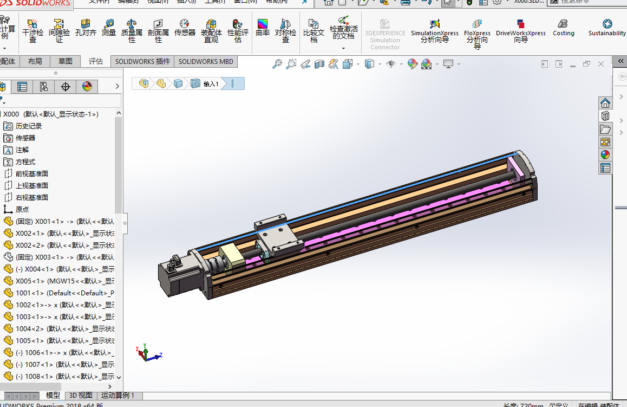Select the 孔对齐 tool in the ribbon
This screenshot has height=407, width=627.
(86, 28)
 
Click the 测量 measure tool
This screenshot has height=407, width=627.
(109, 28)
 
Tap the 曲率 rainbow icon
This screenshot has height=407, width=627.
(263, 28)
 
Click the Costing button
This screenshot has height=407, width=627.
(563, 28)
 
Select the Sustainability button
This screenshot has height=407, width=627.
(607, 28)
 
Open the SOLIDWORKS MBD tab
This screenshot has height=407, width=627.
(206, 61)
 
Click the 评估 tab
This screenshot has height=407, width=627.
(96, 61)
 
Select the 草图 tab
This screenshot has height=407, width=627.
(66, 61)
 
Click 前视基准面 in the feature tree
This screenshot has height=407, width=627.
(31, 173)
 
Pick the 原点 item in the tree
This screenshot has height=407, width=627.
(22, 209)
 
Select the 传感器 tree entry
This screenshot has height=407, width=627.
(25, 138)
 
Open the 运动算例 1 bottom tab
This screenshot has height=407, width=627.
(117, 396)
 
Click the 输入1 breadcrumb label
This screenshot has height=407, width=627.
(211, 84)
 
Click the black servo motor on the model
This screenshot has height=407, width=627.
(173, 278)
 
